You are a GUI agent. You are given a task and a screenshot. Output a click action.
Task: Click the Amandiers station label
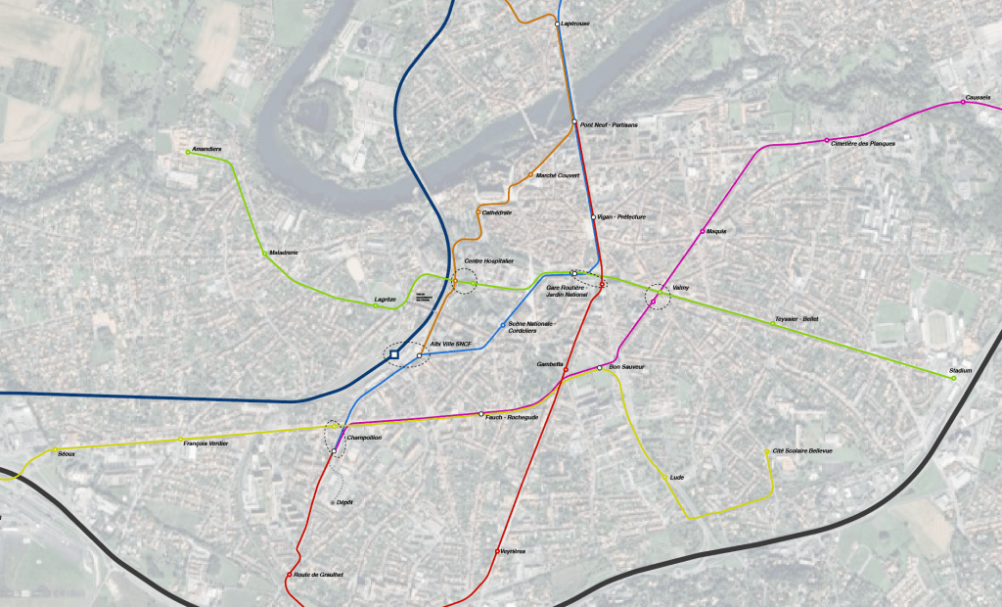(x=207, y=149)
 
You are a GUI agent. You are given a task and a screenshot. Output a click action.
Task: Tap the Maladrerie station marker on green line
(x=268, y=256)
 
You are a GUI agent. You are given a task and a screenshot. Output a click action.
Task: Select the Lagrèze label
(x=385, y=299)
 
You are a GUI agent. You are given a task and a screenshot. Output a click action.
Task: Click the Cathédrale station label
(x=497, y=212)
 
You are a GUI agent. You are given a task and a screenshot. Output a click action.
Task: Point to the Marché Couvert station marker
(x=530, y=175)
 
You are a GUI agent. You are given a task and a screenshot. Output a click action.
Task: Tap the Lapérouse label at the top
(x=574, y=23)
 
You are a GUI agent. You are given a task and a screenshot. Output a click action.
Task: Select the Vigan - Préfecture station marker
(x=593, y=216)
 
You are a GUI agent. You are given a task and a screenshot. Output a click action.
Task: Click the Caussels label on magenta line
(x=978, y=97)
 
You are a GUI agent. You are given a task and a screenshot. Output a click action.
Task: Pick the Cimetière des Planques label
(x=863, y=144)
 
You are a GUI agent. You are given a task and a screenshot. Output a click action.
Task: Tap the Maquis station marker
(x=703, y=231)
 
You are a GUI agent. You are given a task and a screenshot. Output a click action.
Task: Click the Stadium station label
(x=961, y=371)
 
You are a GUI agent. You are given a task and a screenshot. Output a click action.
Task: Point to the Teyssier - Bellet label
(x=797, y=318)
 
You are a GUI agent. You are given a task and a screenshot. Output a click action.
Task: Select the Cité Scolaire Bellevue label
(x=802, y=450)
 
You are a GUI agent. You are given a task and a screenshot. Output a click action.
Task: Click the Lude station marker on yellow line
(x=665, y=477)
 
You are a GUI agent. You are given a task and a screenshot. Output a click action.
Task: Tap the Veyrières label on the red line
(x=513, y=551)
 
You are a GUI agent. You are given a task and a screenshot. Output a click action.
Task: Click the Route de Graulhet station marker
(x=290, y=574)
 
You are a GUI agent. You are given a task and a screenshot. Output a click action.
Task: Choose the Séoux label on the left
(x=67, y=453)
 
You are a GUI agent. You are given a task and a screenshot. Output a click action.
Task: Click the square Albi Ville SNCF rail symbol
(x=394, y=354)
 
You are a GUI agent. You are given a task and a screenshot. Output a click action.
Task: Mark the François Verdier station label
(x=205, y=443)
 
